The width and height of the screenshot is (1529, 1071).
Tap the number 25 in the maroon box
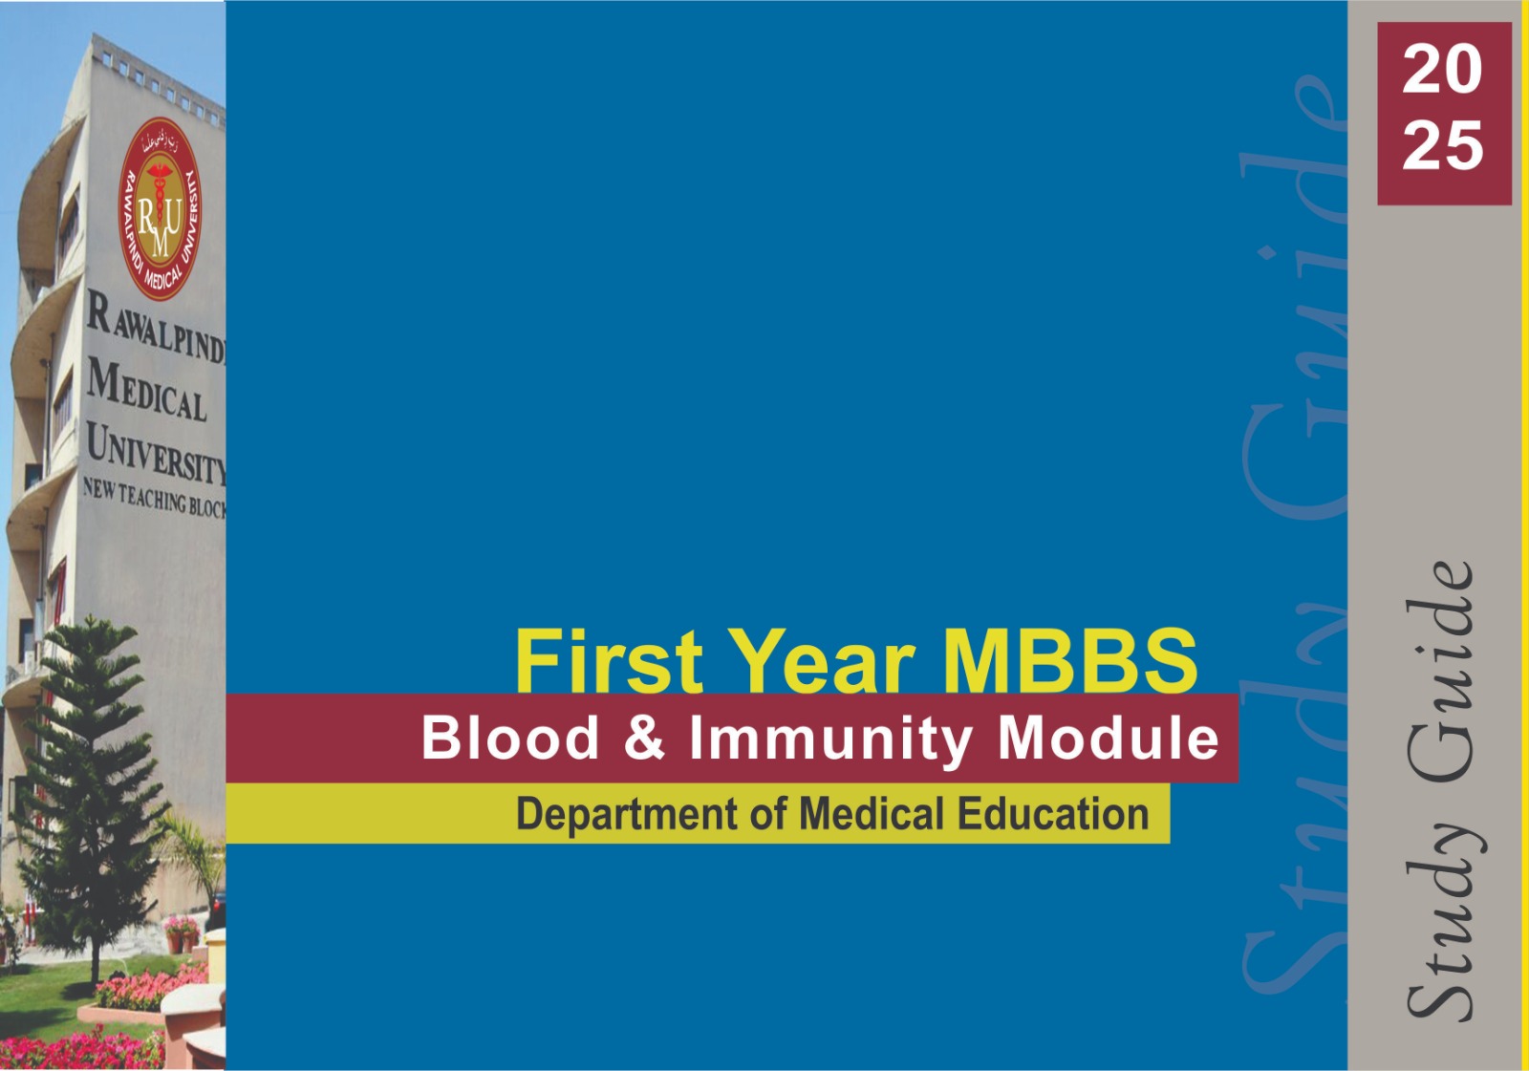click(1442, 145)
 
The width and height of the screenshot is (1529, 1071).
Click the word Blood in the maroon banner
click(510, 738)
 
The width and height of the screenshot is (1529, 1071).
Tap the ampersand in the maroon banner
click(644, 738)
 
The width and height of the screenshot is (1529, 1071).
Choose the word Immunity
click(830, 740)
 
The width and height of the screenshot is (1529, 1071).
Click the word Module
click(1108, 738)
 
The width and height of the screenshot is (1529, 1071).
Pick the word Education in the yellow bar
click(1053, 814)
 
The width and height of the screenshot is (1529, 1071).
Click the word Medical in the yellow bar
click(872, 814)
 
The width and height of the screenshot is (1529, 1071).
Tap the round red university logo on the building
click(160, 209)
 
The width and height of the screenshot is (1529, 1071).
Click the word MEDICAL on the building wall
click(146, 391)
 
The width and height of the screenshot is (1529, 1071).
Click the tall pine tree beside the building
click(89, 799)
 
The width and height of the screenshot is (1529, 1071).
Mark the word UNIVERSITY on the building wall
click(157, 452)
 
